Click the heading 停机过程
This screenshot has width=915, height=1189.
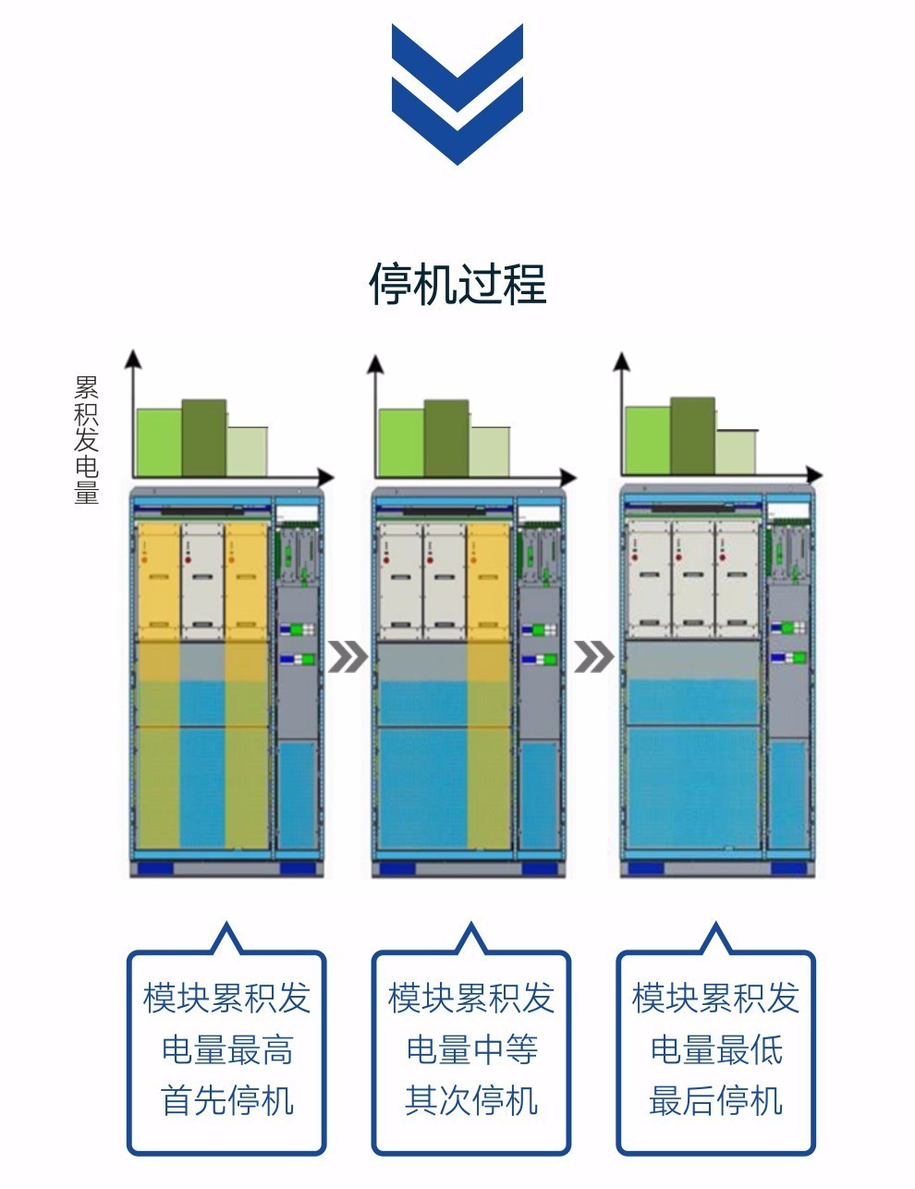coord(457,283)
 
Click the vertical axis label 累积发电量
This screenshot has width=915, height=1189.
coord(86,439)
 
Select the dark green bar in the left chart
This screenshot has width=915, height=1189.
coord(203,437)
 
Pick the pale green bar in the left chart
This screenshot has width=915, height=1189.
coord(247,451)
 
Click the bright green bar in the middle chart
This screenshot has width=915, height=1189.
coord(401,443)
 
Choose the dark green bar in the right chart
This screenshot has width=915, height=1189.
coord(692,435)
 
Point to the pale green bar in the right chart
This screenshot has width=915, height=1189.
coord(736,451)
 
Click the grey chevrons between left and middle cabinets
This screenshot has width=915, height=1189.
coord(348,657)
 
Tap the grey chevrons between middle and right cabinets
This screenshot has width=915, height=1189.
coord(593,657)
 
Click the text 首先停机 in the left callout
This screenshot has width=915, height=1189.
coord(226,1100)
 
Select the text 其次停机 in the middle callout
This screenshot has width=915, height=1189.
coord(471,1100)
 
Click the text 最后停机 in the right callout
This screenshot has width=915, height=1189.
coord(716,1100)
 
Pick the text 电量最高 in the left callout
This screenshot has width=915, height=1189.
coord(226,1049)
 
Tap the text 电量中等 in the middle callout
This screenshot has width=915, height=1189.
coord(471,1049)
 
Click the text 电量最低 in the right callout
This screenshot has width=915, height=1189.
coord(716,1049)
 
